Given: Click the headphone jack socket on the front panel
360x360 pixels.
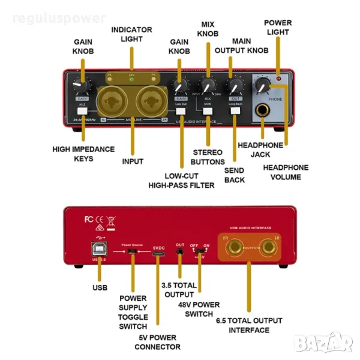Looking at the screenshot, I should coord(262,110).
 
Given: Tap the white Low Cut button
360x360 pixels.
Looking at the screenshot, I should coord(181,110).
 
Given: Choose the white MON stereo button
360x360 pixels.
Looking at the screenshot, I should coord(208,110).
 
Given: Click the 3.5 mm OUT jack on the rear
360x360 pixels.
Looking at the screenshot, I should coord(179,254).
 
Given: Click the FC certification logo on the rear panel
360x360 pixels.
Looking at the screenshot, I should coord(89,219).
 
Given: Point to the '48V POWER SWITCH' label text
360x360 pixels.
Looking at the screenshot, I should coord(199,309).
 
